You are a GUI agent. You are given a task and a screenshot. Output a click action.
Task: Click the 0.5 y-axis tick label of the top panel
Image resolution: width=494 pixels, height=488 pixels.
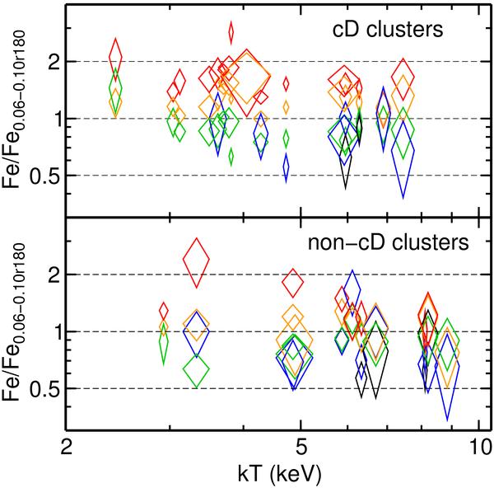[x=42, y=176]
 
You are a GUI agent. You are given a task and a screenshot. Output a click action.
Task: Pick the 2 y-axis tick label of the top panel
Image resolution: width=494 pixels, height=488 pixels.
[x=49, y=62]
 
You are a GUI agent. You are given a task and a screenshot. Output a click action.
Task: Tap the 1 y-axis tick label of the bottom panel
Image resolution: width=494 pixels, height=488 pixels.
[x=49, y=331]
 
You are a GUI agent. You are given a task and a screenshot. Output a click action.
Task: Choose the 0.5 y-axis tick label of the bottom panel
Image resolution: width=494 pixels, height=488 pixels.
[x=42, y=388]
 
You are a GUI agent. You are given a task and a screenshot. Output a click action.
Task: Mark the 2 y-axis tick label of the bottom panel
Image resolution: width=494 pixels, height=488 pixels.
[x=49, y=274]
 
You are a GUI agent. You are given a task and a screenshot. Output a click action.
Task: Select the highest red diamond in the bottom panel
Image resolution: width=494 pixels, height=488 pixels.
[x=197, y=262]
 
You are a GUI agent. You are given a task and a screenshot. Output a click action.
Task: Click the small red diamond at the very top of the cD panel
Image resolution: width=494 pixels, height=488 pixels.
[x=231, y=31]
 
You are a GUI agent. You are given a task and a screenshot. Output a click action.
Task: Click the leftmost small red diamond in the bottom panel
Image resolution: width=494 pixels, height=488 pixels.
[x=163, y=312]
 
